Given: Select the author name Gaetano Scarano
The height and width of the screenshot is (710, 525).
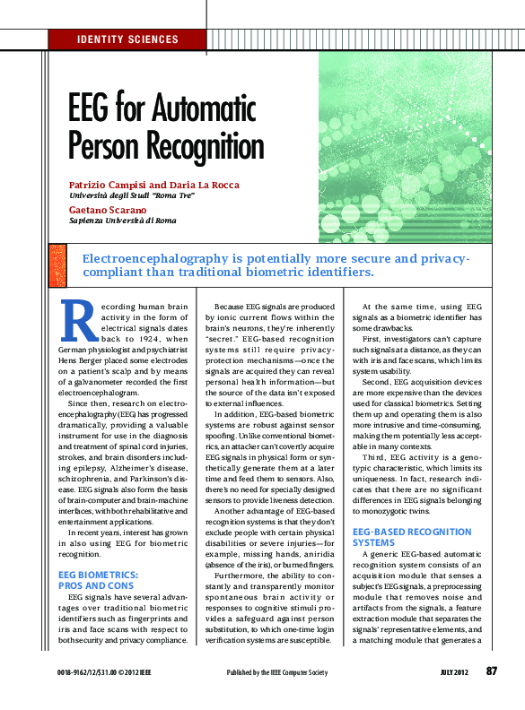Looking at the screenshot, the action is pyautogui.click(x=108, y=209).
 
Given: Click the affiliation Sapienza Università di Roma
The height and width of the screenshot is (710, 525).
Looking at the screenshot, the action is pyautogui.click(x=122, y=221).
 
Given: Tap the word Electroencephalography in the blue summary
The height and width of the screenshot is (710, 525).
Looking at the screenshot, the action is pyautogui.click(x=148, y=258).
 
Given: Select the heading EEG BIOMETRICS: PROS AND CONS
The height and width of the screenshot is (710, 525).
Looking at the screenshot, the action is pyautogui.click(x=98, y=578).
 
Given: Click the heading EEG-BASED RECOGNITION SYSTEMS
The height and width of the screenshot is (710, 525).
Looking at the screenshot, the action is pyautogui.click(x=399, y=537).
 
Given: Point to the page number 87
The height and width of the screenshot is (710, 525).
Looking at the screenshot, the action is pyautogui.click(x=491, y=671).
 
